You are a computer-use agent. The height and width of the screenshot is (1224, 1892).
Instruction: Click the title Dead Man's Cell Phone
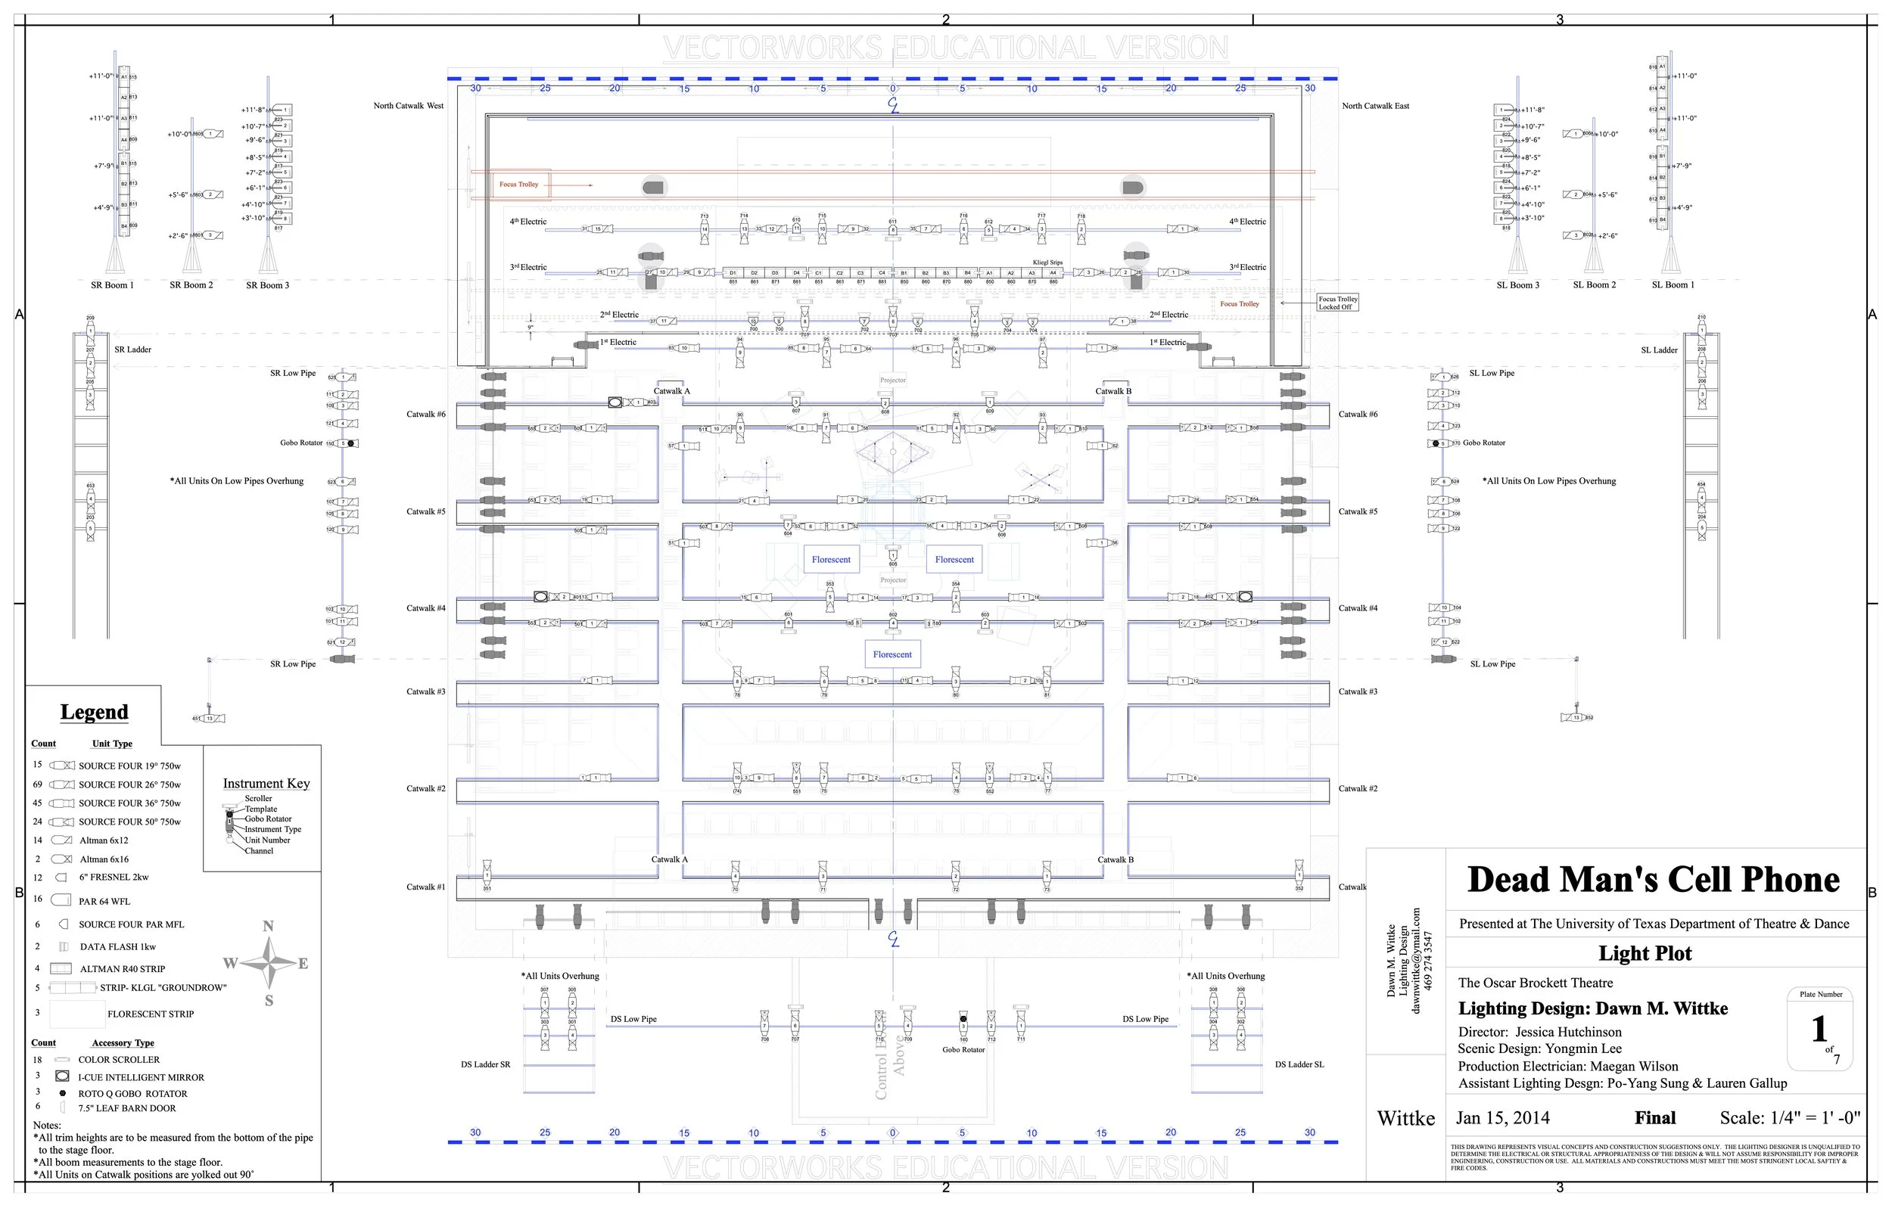[x=1653, y=880]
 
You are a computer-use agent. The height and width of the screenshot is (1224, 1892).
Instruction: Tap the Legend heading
[x=94, y=712]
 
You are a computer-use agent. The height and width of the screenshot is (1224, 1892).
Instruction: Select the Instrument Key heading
[x=266, y=784]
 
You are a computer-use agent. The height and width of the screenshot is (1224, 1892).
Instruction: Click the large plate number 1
[x=1819, y=1030]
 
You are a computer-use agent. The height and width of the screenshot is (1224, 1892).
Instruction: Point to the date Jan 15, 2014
[x=1502, y=1118]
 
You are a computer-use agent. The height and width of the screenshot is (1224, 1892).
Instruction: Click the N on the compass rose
[x=268, y=926]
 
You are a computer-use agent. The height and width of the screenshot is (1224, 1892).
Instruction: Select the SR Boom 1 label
[x=112, y=285]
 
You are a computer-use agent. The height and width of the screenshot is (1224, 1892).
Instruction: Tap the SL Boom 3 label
[x=1517, y=285]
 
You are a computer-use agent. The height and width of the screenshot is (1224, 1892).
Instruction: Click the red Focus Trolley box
[x=519, y=185]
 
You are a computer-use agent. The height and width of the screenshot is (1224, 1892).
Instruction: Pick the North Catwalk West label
[x=409, y=106]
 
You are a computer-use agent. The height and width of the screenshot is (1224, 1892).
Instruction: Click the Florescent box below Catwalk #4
[x=892, y=655]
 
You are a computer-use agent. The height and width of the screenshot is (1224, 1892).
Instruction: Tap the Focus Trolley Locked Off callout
[x=1338, y=303]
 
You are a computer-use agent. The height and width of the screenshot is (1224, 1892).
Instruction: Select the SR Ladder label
[x=132, y=349]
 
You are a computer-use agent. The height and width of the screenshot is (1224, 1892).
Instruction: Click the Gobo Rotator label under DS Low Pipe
[x=963, y=1050]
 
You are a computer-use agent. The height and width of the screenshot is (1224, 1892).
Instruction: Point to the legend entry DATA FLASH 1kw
[x=117, y=947]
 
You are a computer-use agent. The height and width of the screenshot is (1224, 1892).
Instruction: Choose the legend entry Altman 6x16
[x=104, y=859]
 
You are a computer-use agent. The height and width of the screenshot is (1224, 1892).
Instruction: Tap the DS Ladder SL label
[x=1299, y=1065]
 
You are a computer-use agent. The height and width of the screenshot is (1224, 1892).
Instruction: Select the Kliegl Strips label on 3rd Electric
[x=1047, y=263]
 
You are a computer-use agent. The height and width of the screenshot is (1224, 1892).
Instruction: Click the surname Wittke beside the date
[x=1405, y=1119]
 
